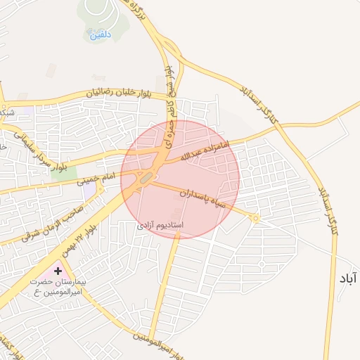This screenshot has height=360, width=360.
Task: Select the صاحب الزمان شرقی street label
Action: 53,220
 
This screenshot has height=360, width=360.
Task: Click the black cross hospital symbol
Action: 58,270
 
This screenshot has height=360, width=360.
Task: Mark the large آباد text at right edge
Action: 348,279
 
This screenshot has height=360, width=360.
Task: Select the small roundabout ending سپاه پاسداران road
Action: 255,219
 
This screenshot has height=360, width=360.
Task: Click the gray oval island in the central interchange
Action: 145,179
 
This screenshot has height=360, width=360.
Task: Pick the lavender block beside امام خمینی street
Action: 89,191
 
